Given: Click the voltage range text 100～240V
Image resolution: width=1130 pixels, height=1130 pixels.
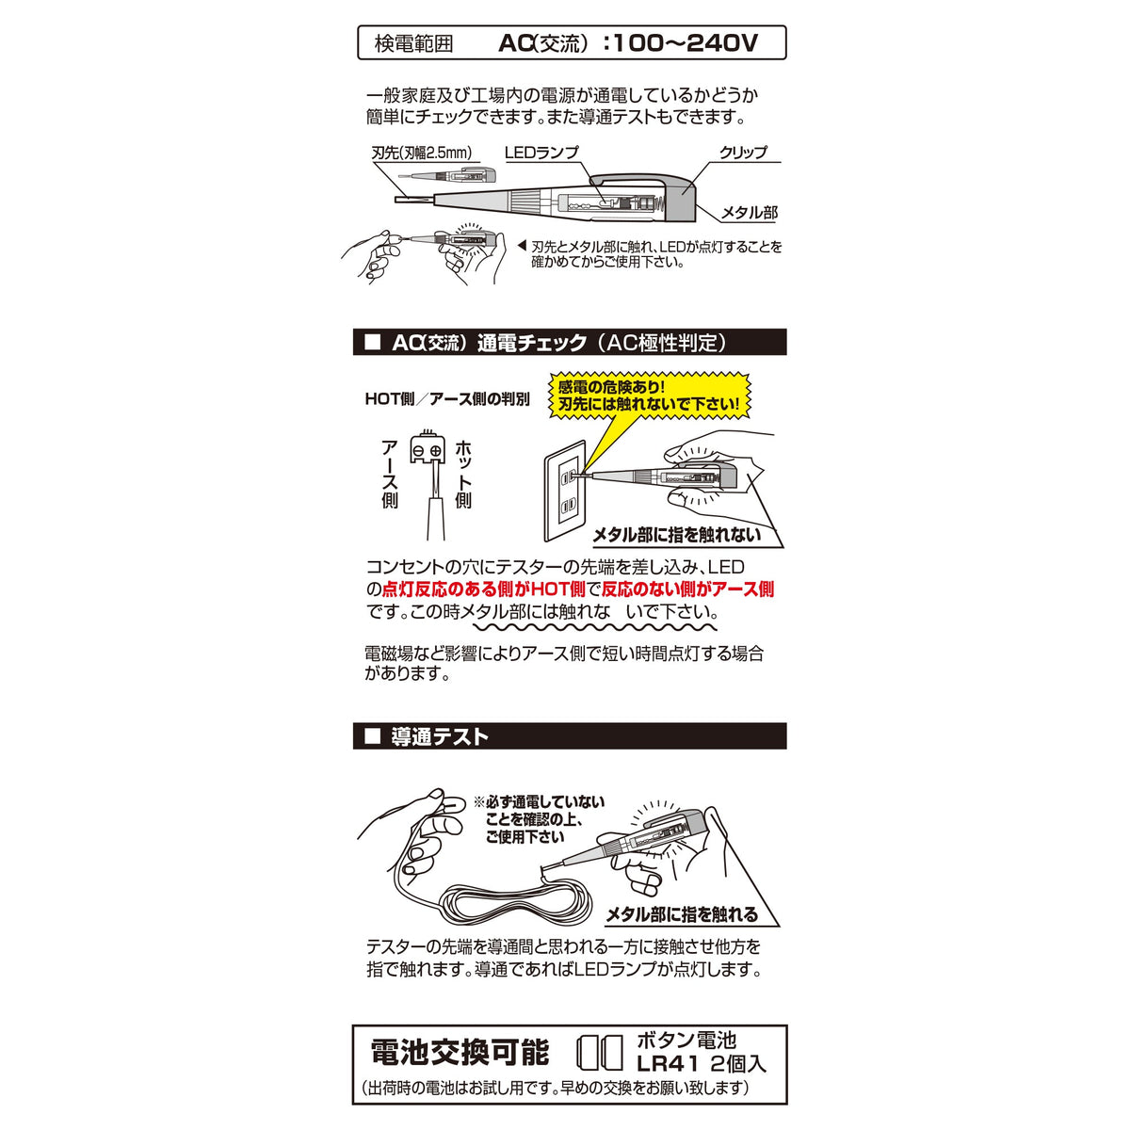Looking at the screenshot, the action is click(x=685, y=42).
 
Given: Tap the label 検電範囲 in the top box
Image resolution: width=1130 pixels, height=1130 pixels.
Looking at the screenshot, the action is click(x=414, y=44).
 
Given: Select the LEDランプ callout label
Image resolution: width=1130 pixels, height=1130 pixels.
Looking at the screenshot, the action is click(x=541, y=153).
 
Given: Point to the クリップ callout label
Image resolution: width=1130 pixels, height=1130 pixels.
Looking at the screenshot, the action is click(x=743, y=153).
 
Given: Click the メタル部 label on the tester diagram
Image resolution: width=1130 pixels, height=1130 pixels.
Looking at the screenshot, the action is click(x=749, y=212).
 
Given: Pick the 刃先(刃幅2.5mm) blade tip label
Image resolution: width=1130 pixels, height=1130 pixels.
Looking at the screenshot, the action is click(x=422, y=153).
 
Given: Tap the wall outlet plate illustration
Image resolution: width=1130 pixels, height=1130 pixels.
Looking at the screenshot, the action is click(x=566, y=491).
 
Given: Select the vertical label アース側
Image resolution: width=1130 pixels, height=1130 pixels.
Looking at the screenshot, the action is click(x=390, y=475).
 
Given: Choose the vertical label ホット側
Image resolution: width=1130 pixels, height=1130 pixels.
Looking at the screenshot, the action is click(x=463, y=475).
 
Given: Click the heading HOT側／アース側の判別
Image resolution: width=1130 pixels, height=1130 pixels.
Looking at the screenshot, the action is click(x=447, y=399).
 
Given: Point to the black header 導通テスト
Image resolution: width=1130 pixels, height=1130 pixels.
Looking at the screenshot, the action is click(x=440, y=736).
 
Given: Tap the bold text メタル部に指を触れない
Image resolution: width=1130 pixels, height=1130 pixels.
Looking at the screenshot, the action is click(x=677, y=535).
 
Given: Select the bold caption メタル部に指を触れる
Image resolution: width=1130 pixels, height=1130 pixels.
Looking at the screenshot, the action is click(x=682, y=914).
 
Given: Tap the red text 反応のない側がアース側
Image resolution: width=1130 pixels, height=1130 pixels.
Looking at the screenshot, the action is click(x=687, y=589).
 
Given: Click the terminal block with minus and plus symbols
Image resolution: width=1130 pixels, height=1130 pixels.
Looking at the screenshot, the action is click(x=427, y=448).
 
